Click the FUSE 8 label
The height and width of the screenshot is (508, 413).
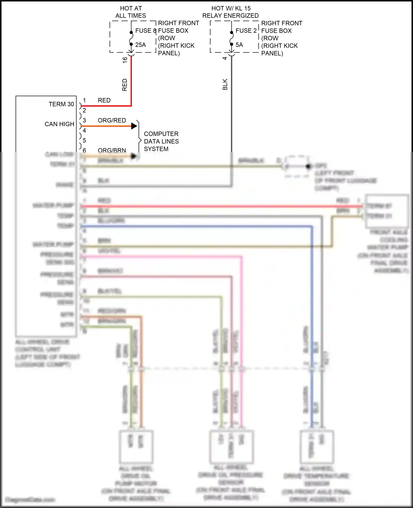(x=145, y=31)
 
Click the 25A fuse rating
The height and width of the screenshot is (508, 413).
(x=140, y=45)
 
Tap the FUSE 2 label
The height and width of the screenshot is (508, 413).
(x=246, y=31)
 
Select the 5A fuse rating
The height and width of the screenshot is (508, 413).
(x=239, y=45)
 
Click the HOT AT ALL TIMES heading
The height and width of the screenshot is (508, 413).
(x=131, y=12)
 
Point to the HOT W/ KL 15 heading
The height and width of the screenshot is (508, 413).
(x=231, y=9)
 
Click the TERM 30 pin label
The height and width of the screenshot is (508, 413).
(x=61, y=104)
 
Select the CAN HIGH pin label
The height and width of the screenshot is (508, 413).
(x=59, y=124)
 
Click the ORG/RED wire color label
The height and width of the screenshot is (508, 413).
(x=112, y=121)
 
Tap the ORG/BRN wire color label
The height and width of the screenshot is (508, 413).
(x=112, y=150)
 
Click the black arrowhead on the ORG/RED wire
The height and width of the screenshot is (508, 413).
(x=134, y=126)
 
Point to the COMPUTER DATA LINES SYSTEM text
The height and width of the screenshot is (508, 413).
(x=161, y=141)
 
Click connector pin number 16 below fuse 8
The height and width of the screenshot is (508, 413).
(x=125, y=60)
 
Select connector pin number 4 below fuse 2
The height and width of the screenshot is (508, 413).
(x=225, y=58)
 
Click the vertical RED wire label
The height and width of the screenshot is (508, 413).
(x=125, y=85)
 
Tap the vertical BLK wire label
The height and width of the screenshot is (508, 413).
(x=225, y=84)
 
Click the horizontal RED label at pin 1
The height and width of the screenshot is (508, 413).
(x=104, y=100)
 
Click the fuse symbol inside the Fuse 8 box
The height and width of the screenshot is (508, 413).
(x=131, y=38)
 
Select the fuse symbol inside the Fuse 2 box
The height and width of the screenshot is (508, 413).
(x=232, y=38)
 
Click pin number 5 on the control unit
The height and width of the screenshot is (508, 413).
(x=85, y=140)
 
